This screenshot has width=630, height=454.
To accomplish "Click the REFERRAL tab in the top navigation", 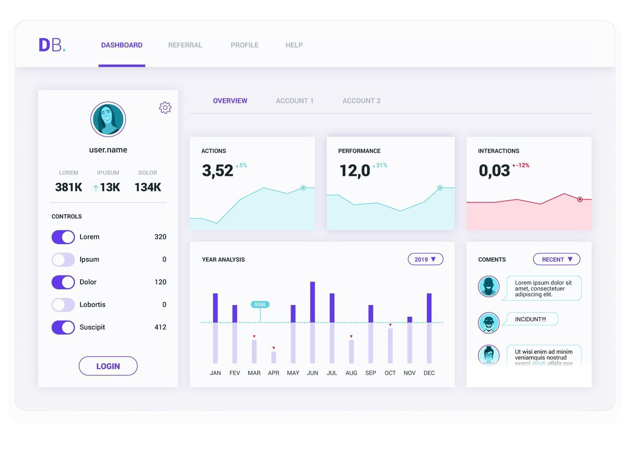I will click(x=185, y=45).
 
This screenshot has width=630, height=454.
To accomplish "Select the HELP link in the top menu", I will click(x=294, y=45).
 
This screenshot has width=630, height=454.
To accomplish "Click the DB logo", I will click(x=52, y=45).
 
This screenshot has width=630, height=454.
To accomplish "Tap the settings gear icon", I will click(x=165, y=107).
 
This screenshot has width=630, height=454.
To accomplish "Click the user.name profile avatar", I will click(x=108, y=119).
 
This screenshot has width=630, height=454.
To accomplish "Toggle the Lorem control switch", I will click(x=63, y=237).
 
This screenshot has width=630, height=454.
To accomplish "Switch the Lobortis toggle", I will click(x=63, y=305).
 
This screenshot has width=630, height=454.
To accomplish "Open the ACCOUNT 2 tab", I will click(x=361, y=101).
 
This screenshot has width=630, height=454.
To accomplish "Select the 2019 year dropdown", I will click(x=425, y=259).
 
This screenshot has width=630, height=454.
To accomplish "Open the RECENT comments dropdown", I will click(x=556, y=259).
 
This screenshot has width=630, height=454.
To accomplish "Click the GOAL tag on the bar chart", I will click(x=260, y=305).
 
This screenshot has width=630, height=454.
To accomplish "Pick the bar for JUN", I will click(x=312, y=322).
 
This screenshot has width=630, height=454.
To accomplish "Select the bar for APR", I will click(x=273, y=357).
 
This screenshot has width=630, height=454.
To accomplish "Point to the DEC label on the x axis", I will click(x=429, y=373).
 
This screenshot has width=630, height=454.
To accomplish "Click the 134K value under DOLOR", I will click(x=148, y=187).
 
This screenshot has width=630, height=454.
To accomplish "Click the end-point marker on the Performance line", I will click(x=440, y=188).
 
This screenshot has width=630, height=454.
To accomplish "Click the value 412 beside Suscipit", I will click(x=160, y=327).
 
